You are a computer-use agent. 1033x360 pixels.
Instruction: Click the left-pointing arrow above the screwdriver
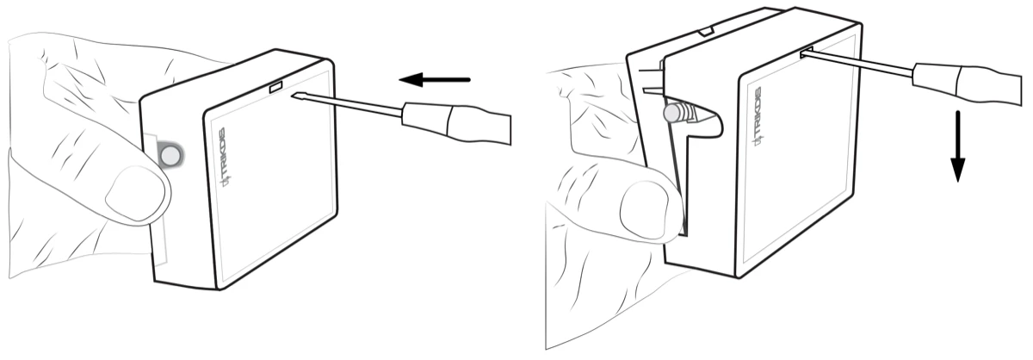tap(435, 79)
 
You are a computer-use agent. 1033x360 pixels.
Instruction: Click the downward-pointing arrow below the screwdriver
tap(957, 146)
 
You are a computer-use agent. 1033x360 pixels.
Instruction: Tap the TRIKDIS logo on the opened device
tap(758, 116)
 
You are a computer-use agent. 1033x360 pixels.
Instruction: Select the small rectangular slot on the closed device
tap(275, 87)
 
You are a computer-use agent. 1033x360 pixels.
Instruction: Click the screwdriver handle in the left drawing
tap(456, 123)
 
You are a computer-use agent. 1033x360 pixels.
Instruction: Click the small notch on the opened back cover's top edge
tap(706, 31)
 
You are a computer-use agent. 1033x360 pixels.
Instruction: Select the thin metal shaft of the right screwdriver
tap(857, 63)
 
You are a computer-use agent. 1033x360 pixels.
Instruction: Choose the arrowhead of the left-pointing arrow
tap(411, 79)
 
